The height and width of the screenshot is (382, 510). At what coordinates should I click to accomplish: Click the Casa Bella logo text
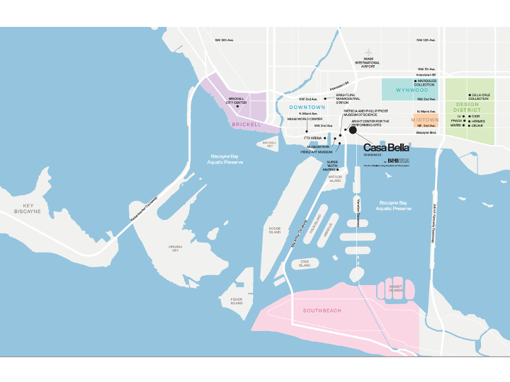point(386,148)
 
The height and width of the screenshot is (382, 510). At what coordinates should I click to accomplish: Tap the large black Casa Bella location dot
point(353,130)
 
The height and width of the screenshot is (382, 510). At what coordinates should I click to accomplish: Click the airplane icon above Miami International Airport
point(368,52)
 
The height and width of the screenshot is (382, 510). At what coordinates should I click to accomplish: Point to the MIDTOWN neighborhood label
point(425,120)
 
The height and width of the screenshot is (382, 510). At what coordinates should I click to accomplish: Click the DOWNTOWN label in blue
point(307,107)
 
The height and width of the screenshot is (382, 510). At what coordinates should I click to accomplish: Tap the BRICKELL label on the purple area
point(246,125)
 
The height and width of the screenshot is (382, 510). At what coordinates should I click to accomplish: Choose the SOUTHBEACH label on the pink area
point(322,311)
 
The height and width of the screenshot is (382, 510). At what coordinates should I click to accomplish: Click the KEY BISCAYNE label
point(28,208)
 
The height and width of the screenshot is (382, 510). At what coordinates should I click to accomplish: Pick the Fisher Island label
point(237,301)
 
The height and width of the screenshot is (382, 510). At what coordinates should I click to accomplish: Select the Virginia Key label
point(174,248)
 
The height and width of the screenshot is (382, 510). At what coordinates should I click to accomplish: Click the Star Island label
point(305,264)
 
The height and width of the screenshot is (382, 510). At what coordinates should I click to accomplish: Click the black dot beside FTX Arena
point(327,138)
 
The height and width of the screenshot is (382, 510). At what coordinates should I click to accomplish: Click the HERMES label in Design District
point(478,121)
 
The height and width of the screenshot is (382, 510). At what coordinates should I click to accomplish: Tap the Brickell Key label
point(269,144)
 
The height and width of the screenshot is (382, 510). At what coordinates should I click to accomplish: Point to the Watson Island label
point(335,178)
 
